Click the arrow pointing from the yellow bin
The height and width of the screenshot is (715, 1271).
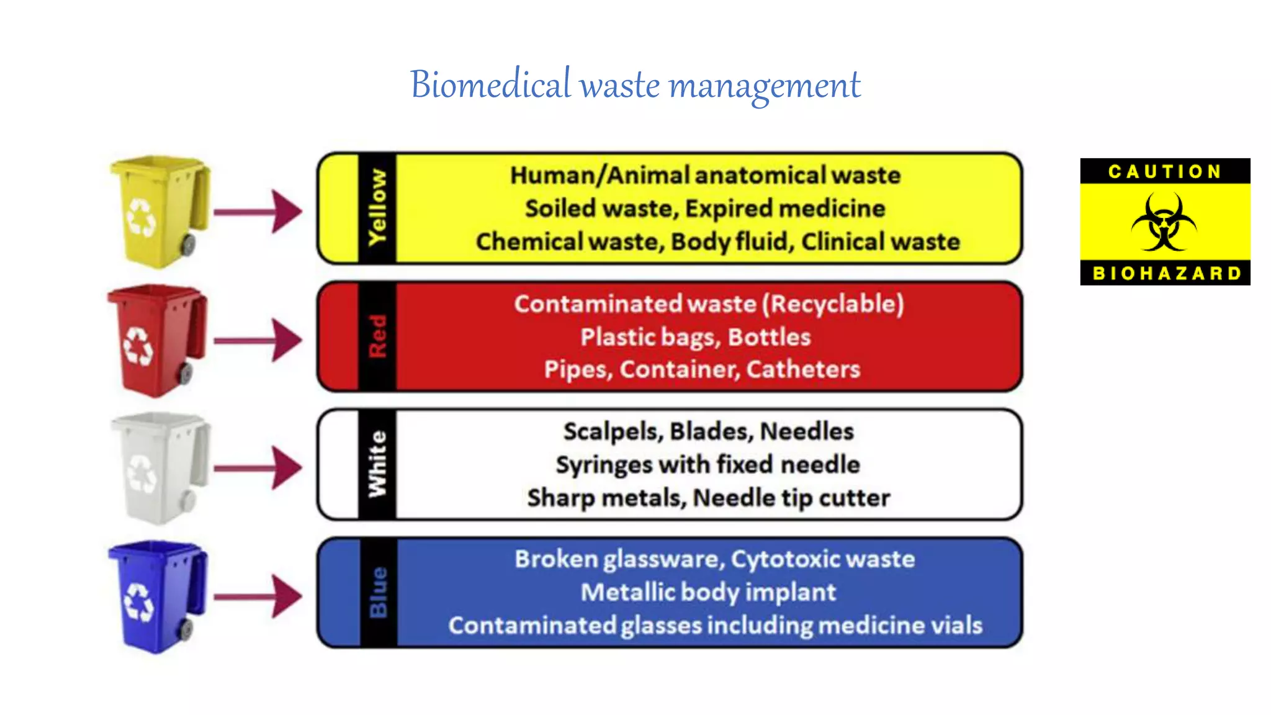coord(258,212)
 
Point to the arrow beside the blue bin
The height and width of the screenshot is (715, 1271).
coord(258,596)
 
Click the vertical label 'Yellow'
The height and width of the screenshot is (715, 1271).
coord(377,208)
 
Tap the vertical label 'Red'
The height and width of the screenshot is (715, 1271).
coord(377,336)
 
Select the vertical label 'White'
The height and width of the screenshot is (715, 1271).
coord(377,464)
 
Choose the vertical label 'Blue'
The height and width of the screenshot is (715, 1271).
coord(377,592)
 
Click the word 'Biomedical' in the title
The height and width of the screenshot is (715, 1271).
coord(490,85)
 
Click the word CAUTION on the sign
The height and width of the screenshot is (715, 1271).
coord(1165,171)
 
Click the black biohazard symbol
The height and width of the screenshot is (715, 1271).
coord(1164,222)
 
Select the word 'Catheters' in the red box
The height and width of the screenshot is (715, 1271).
coord(803,369)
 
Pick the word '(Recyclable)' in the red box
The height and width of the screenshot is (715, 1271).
coord(833,304)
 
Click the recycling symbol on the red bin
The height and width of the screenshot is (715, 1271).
coord(138,346)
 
